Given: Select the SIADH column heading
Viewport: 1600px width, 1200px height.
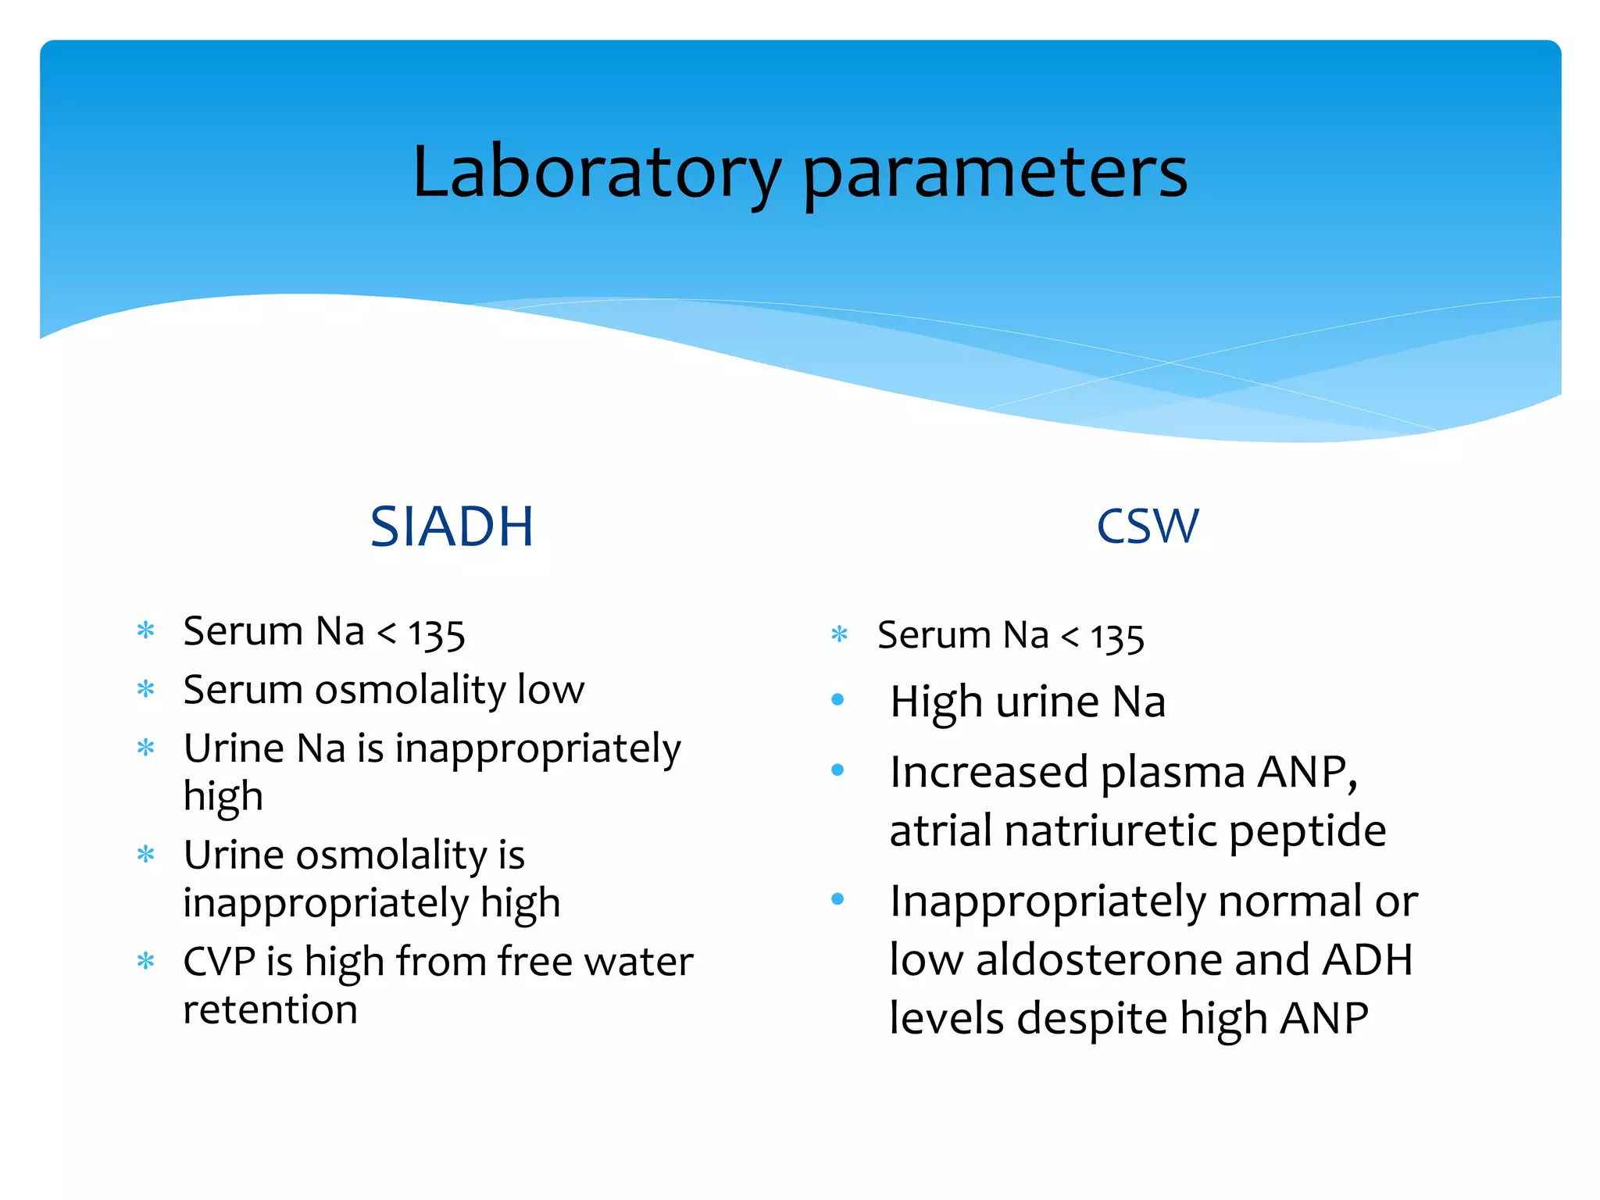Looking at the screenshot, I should (x=452, y=527).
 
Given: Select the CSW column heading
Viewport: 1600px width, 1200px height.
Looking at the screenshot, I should (x=1147, y=527).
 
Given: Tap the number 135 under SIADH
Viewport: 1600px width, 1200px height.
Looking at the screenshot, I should (x=437, y=634).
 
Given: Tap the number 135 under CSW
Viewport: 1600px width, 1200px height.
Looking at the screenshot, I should (x=1117, y=638).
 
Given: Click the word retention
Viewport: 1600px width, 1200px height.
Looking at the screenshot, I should (x=270, y=1009).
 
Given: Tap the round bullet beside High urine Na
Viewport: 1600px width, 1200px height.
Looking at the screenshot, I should (x=838, y=700).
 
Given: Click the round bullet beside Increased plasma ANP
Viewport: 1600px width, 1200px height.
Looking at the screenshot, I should (x=838, y=770).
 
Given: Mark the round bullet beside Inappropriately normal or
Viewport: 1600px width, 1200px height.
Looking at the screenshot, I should (x=838, y=899).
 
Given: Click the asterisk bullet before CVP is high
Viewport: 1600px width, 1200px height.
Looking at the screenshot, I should (x=146, y=960).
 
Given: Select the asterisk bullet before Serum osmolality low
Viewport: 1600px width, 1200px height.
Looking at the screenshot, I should (x=146, y=689).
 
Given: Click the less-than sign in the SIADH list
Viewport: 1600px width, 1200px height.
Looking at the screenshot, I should (x=387, y=633).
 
